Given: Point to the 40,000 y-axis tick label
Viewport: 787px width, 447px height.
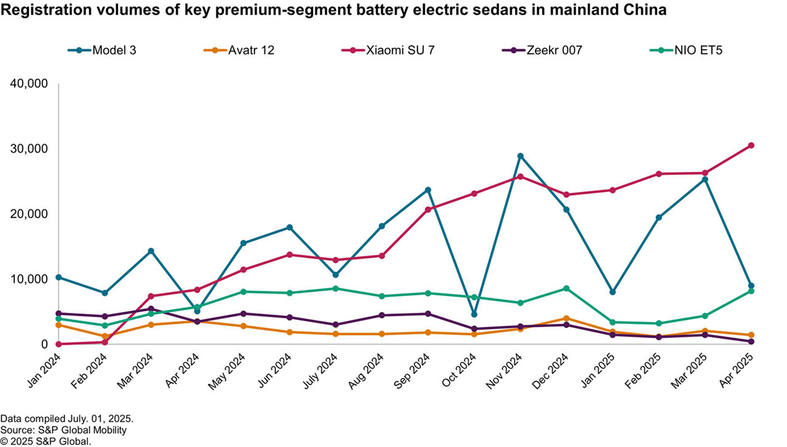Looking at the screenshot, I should pos(30,84).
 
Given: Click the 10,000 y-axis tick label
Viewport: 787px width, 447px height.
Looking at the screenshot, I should pos(30,279).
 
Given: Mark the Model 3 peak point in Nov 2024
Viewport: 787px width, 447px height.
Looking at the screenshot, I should pos(520,156).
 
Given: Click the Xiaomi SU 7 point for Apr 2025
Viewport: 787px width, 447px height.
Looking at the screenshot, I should pos(751,145).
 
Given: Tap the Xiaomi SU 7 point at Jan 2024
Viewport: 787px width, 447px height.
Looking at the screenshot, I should pos(58,344).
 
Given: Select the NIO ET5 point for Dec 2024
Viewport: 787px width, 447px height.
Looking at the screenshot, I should pos(566,288).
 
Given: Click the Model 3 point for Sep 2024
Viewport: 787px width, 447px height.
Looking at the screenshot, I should pos(428,190).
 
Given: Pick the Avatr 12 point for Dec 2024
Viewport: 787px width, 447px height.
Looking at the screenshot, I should pos(566,318).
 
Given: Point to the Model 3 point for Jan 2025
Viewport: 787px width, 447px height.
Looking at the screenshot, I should pos(612,292).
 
